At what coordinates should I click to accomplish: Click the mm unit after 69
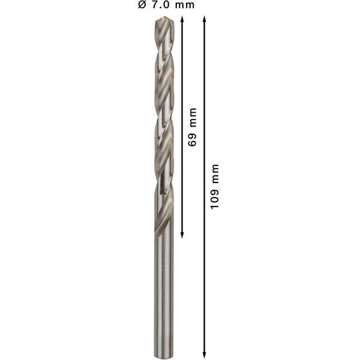(193, 122)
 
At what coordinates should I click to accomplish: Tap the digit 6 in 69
(193, 148)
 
